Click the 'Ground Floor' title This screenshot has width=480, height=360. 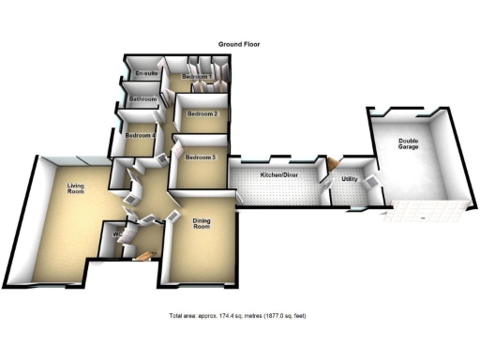(239, 44)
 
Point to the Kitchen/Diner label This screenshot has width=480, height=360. (279, 175)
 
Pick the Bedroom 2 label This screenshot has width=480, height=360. (202, 114)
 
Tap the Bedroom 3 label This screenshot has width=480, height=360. (200, 157)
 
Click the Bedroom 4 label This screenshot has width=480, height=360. (140, 135)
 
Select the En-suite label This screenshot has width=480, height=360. (144, 73)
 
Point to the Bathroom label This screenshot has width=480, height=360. (142, 98)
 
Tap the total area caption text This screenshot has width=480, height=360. (237, 315)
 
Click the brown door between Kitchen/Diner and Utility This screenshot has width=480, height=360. (329, 166)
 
